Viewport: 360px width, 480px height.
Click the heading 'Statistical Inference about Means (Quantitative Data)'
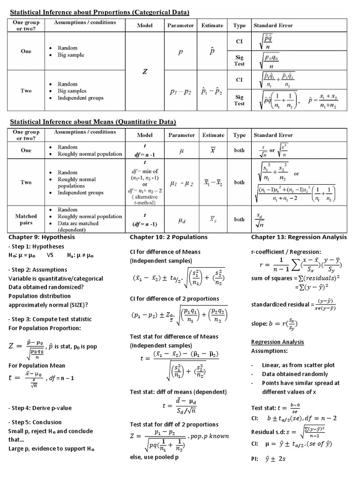pos(93,122)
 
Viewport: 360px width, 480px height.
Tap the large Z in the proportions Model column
pos(145,72)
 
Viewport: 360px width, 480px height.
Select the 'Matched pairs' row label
pos(26,219)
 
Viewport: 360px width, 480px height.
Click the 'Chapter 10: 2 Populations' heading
pos(168,237)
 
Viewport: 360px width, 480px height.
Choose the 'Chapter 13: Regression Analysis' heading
pos(299,237)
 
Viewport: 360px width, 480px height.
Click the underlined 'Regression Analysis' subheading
pos(277,342)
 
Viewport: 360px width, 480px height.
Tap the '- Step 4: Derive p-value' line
pos(40,408)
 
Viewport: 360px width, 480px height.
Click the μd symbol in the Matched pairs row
pos(181,219)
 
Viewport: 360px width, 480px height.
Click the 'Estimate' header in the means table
pos(213,135)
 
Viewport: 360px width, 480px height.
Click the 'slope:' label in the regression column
pos(261,323)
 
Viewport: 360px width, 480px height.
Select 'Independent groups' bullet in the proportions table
pos(81,98)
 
